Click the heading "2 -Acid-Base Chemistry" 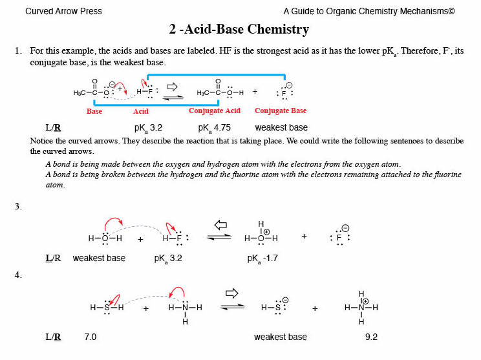click(239, 30)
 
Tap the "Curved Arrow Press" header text click(63, 11)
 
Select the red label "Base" click(94, 111)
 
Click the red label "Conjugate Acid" click(215, 111)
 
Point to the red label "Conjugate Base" click(281, 111)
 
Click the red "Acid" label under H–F click(141, 111)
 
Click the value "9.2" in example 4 click(370, 337)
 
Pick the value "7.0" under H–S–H click(91, 337)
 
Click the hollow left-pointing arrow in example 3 click(221, 225)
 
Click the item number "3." click(18, 207)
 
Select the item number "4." click(18, 275)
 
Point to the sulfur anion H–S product click(274, 308)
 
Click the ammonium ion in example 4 click(361, 308)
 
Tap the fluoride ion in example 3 click(339, 237)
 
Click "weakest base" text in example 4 click(280, 337)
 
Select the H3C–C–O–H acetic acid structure click(220, 91)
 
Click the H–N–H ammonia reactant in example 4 click(185, 308)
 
